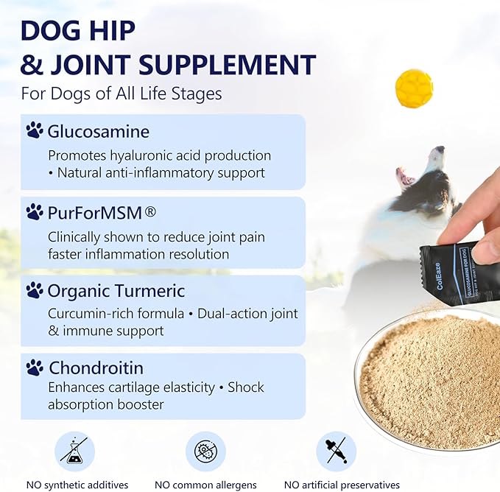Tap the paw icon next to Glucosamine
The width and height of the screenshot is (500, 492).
click(35, 131)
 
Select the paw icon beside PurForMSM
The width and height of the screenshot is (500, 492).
click(35, 212)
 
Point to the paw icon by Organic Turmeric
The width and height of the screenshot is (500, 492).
click(35, 290)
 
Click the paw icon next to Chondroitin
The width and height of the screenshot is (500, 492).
click(35, 367)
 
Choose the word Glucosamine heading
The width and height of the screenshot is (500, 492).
click(99, 132)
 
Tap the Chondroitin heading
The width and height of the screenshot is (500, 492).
click(96, 367)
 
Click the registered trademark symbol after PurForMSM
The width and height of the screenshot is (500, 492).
click(149, 211)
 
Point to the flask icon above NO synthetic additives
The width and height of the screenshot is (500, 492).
click(74, 451)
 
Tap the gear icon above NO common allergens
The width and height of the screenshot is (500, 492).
click(205, 451)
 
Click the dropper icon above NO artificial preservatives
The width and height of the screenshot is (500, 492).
click(336, 451)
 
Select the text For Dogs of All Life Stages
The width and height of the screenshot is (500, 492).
click(122, 94)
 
